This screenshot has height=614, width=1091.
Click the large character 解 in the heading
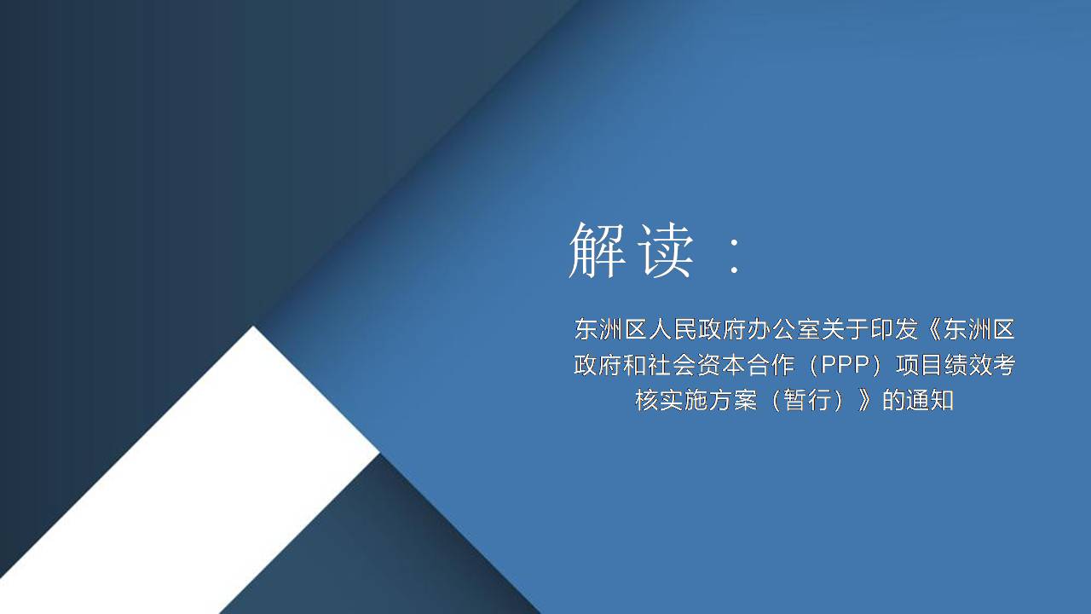[597, 251]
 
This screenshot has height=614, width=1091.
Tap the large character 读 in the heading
[667, 251]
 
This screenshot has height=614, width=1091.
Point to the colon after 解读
[735, 256]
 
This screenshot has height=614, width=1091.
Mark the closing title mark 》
[864, 401]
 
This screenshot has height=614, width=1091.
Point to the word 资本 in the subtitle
[721, 365]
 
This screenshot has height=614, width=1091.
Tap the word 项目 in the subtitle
[919, 365]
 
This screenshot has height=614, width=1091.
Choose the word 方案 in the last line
[733, 401]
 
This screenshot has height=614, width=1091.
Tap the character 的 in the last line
[894, 401]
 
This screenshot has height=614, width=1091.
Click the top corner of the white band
[253, 327]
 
